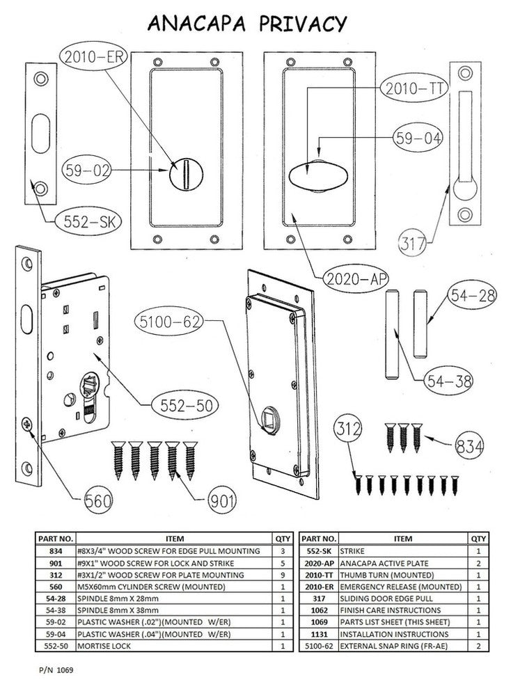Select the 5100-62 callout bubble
pos(171,322)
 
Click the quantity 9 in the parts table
pos(283,575)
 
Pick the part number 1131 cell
pos(317,635)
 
